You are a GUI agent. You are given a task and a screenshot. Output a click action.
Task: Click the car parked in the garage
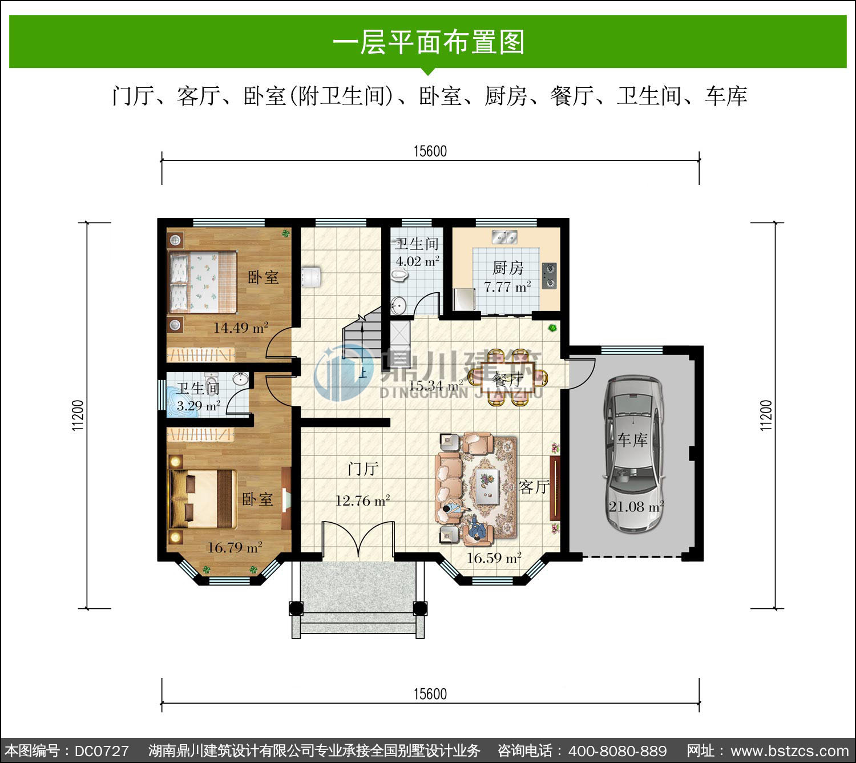click(634, 454)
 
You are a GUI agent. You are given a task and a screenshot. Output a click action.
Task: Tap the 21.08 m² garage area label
click(636, 506)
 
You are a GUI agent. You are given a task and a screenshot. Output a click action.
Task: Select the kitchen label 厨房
click(508, 268)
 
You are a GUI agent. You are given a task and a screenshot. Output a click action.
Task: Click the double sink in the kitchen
click(504, 237)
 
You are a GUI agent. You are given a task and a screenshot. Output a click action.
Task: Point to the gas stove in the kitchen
click(549, 276)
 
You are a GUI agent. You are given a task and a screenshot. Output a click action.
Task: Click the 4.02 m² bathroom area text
click(417, 261)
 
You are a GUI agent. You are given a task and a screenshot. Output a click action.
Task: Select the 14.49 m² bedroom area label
click(241, 328)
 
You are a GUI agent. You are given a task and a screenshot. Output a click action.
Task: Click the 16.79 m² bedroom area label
click(235, 547)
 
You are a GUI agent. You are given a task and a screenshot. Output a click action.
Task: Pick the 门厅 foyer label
click(363, 469)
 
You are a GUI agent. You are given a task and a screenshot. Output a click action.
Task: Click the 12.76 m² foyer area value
click(362, 500)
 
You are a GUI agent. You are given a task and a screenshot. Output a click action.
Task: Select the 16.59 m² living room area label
click(494, 558)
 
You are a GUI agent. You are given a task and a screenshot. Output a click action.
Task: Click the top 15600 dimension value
click(430, 151)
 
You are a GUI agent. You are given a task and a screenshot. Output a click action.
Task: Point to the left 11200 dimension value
click(78, 415)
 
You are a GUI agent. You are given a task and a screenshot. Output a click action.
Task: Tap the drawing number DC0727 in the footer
click(102, 751)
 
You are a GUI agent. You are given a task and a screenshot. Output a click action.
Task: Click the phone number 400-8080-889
click(617, 751)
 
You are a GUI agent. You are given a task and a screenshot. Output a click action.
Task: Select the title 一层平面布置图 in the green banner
click(429, 42)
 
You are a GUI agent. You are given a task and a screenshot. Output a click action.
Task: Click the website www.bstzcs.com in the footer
click(790, 751)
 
